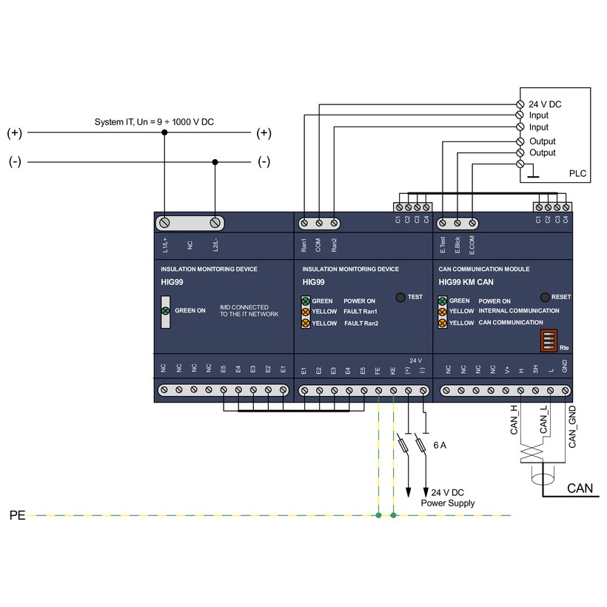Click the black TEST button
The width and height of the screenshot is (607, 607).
click(x=400, y=297)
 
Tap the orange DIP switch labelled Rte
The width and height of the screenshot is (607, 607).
click(x=549, y=341)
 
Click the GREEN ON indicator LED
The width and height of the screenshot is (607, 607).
click(x=166, y=311)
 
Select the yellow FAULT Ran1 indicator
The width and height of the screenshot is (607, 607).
click(x=306, y=312)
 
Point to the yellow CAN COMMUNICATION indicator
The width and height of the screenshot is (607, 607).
click(x=443, y=323)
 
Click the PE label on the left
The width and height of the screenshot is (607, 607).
click(x=17, y=515)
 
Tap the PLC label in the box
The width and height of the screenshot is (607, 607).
click(x=577, y=174)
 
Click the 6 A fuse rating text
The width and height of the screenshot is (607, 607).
click(x=440, y=446)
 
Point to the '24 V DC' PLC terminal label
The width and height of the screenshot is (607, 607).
click(x=545, y=104)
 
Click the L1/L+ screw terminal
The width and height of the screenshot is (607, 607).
click(x=164, y=222)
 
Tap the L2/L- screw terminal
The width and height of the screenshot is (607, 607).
click(x=215, y=222)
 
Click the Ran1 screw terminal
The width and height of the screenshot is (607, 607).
click(x=304, y=222)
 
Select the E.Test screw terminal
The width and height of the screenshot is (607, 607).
click(x=443, y=222)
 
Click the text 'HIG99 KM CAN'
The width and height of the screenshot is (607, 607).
click(x=466, y=282)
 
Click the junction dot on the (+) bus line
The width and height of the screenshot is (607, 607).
click(x=164, y=133)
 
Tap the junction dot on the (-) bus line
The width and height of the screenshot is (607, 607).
click(x=215, y=161)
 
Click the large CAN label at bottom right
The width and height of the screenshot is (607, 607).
click(x=580, y=489)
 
